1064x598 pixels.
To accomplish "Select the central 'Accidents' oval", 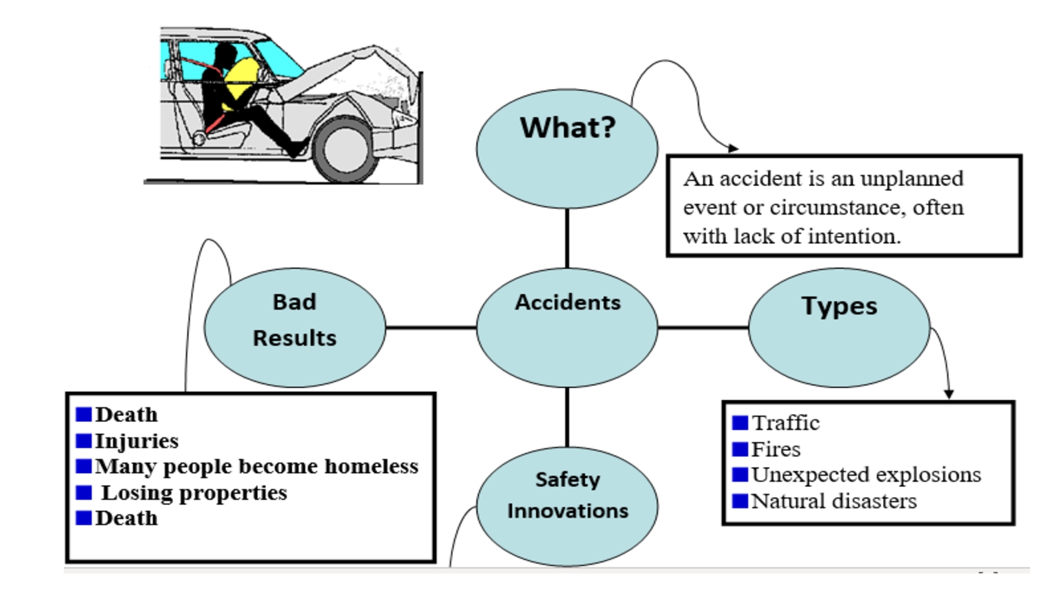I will coord(567,327).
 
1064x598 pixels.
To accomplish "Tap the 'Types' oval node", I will coord(839,327).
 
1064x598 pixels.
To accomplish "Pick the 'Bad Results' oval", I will coord(295,327).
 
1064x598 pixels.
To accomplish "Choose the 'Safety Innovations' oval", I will coord(567,506).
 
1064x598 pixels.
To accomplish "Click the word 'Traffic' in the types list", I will coord(785,423).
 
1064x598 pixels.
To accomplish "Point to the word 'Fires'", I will coord(775,450).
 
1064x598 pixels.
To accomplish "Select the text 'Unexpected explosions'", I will coord(866,475).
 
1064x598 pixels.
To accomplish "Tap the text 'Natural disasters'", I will coord(834,501).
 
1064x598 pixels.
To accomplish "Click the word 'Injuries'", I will coord(136,441).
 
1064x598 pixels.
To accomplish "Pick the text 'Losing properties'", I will coord(194,493).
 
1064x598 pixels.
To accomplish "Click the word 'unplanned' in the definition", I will coord(912,179).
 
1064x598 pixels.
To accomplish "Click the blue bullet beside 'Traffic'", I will coord(740,423).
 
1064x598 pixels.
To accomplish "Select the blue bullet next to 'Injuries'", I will coord(84,441).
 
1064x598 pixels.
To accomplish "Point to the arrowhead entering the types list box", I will coord(949,395).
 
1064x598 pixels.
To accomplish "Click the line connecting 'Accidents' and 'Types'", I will coord(703,327).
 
